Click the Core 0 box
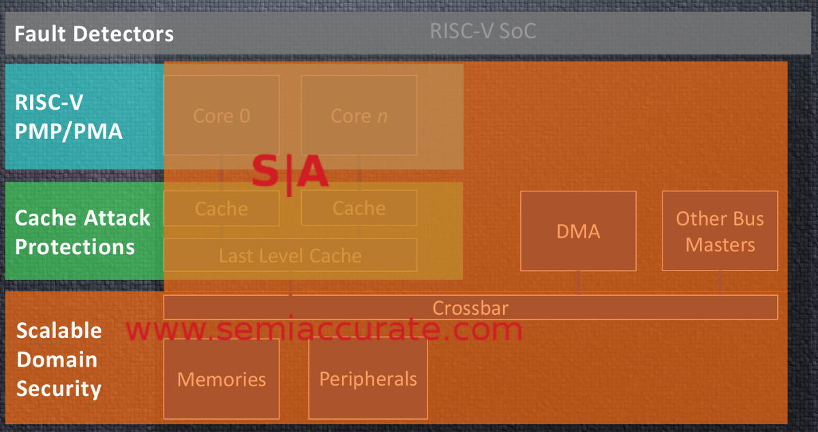coord(222,116)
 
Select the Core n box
coord(359,116)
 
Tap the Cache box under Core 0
coord(222,208)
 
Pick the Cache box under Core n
coord(359,208)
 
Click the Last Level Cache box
coord(290,256)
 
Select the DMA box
coord(578,231)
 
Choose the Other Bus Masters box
coord(720,231)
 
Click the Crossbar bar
coord(470,307)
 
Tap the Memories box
coord(222,379)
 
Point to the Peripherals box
coord(368,379)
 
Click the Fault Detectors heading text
coord(94,33)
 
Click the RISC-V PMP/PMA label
coord(69,117)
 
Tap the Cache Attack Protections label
coord(82,232)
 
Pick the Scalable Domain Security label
coord(59,360)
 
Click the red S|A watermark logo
coord(290,172)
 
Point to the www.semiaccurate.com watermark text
coord(324,330)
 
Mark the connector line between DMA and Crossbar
coord(578,283)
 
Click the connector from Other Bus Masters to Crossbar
coord(720,283)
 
